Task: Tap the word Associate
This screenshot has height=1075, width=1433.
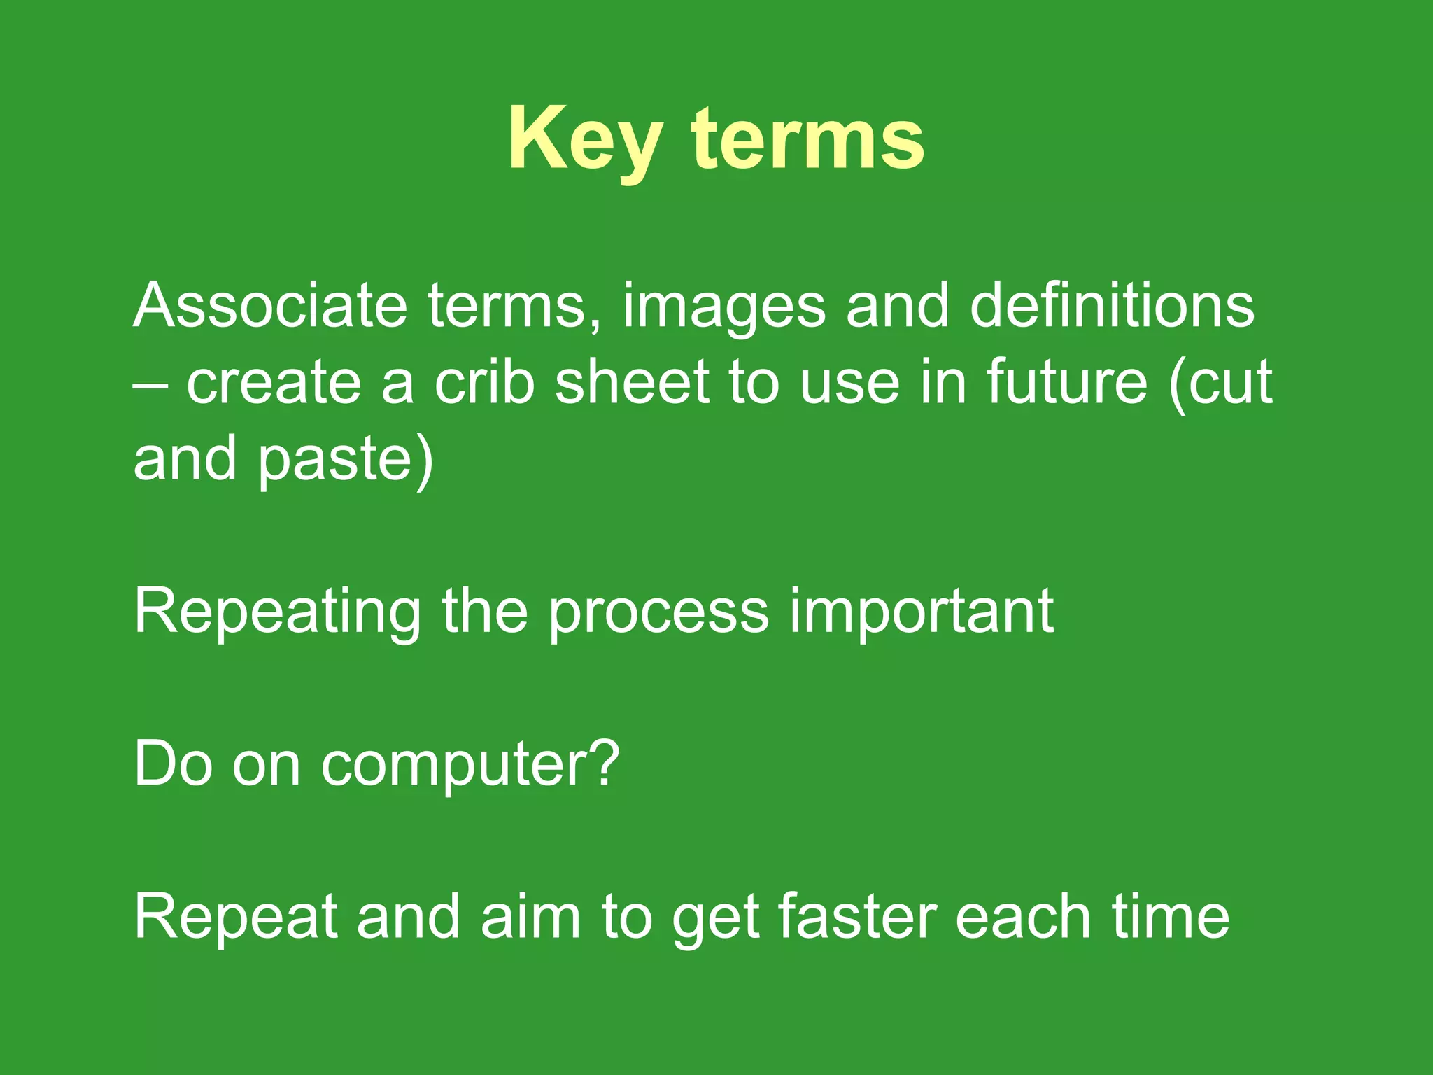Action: (x=270, y=306)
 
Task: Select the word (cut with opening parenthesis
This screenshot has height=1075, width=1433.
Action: (x=1220, y=384)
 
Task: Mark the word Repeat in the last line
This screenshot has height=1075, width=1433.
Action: (x=235, y=918)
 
